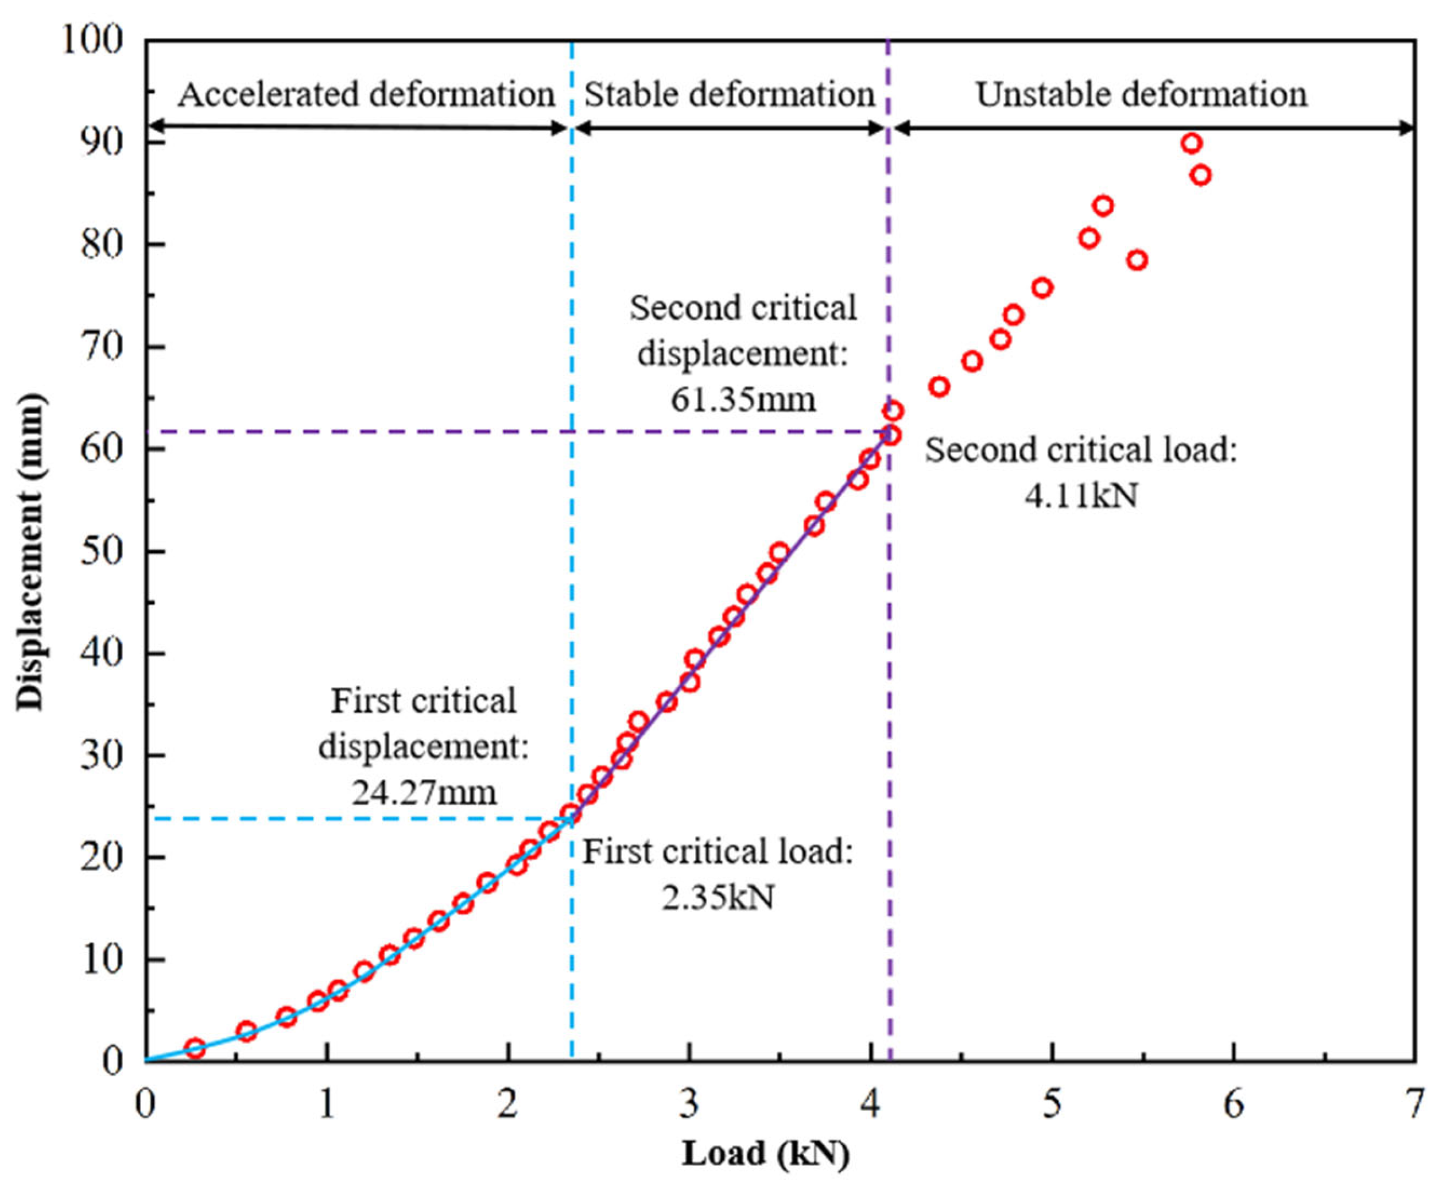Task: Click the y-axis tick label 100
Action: click(x=94, y=40)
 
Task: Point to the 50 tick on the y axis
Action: click(x=102, y=552)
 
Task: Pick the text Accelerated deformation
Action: click(x=366, y=94)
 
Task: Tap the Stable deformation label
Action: click(x=729, y=94)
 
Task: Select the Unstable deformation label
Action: click(x=1141, y=94)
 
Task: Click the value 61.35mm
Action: click(x=743, y=399)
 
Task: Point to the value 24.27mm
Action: click(x=424, y=792)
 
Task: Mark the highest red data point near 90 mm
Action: click(x=1192, y=144)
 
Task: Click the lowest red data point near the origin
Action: click(x=195, y=1048)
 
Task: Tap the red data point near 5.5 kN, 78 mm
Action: click(x=1137, y=260)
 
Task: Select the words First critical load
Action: click(x=718, y=851)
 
